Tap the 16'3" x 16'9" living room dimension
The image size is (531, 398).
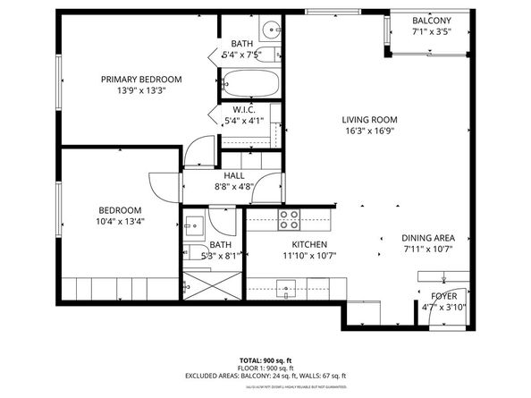coord(369,131)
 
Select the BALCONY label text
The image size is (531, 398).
coord(432,21)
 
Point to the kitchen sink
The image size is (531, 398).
coord(287,288)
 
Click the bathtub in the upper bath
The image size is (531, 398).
coord(249,83)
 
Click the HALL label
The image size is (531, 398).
coord(234,176)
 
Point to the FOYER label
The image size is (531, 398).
coord(443,296)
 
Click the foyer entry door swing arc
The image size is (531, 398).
coord(429,294)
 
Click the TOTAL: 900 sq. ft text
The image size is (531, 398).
coord(265,360)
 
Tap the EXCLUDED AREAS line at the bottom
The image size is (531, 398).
coord(265,376)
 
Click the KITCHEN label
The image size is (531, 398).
coord(308,245)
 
